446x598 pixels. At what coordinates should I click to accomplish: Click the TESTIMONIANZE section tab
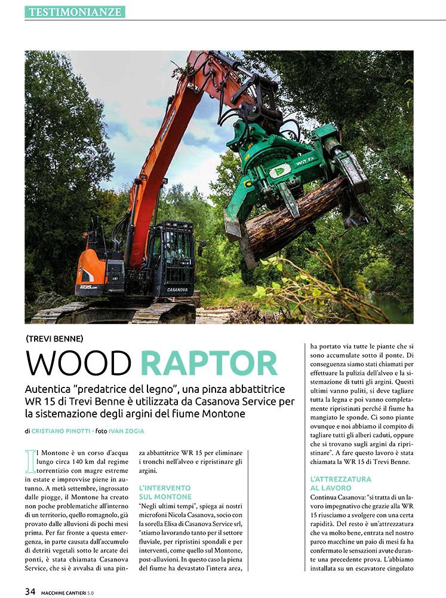pyautogui.click(x=75, y=11)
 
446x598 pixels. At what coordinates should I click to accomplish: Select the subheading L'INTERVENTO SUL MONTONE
pyautogui.click(x=165, y=492)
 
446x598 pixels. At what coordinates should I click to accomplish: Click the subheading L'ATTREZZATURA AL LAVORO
pyautogui.click(x=341, y=484)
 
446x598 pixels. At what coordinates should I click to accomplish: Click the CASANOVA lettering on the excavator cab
pyautogui.click(x=177, y=289)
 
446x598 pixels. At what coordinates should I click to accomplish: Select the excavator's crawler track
pyautogui.click(x=113, y=313)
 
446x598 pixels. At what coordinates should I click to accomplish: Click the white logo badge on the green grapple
pyautogui.click(x=281, y=170)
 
